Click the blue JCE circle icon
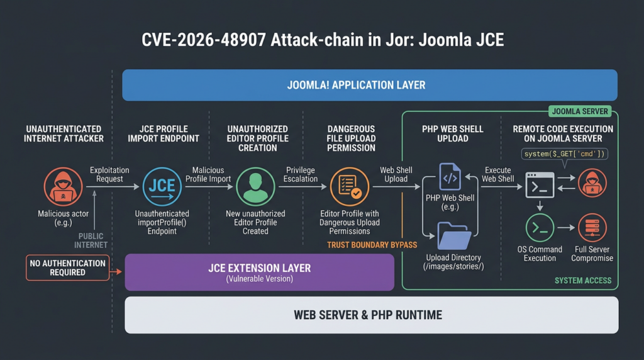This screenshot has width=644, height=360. tap(162, 186)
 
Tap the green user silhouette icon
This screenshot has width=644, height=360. tap(255, 186)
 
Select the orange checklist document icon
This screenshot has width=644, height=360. tap(350, 186)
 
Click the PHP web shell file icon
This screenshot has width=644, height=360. tap(450, 177)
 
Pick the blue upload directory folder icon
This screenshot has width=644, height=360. tap(454, 236)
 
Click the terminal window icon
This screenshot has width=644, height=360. tap(540, 185)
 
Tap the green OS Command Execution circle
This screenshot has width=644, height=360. tap(540, 228)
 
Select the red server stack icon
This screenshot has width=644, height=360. tap(592, 228)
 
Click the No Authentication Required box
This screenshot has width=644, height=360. tap(68, 268)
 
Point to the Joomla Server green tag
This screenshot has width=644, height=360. tap(580, 111)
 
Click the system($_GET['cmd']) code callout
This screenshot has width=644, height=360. tap(564, 154)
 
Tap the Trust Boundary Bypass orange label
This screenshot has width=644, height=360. tap(372, 245)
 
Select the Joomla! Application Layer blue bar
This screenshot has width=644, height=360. tap(370, 85)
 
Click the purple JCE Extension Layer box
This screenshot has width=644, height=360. tap(260, 272)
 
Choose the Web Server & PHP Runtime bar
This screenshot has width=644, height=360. tap(372, 315)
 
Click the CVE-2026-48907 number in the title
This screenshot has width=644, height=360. tap(203, 40)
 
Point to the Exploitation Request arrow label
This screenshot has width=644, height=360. tap(109, 175)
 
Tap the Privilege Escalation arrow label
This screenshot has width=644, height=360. tap(300, 175)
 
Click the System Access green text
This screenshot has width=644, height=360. tap(583, 281)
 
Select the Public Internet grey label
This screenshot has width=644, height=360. tap(91, 241)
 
